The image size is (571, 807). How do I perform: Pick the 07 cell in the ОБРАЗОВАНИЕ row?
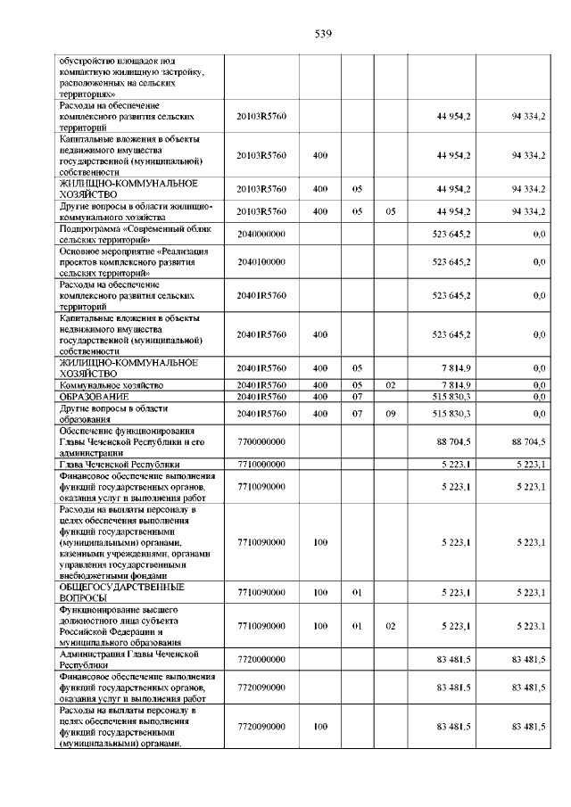(x=356, y=395)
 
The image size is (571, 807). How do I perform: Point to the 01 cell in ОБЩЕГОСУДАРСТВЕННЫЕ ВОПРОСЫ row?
(x=356, y=592)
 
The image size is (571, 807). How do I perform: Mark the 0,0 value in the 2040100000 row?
(x=539, y=263)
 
